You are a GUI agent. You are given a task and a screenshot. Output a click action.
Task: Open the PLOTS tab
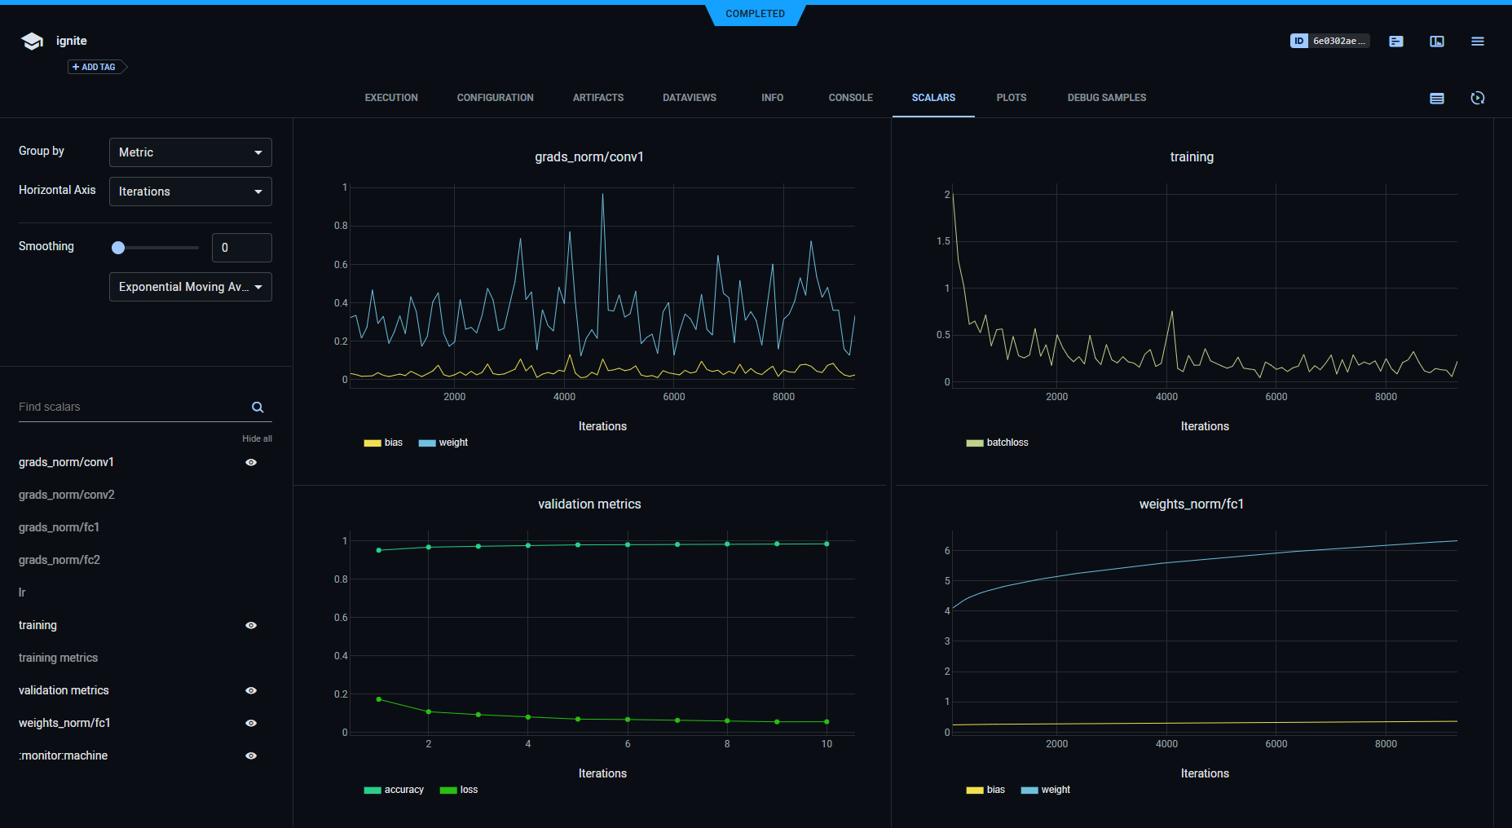pos(1011,98)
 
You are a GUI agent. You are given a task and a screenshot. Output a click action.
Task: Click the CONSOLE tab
pos(850,98)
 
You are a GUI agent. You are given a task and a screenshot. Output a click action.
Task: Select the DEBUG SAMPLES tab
pos(1106,98)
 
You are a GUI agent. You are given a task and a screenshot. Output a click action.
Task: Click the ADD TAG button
pos(95,67)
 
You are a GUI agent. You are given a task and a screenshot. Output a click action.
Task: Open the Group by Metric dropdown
pos(190,152)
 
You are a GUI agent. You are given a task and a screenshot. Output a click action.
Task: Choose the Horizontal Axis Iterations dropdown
pos(190,192)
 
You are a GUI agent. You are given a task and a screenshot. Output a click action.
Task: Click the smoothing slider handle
pos(118,248)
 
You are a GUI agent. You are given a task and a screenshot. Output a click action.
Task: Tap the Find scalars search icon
pos(258,407)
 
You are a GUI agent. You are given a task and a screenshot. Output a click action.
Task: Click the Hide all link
pos(257,438)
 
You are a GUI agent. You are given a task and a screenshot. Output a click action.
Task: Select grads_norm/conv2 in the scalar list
pos(67,495)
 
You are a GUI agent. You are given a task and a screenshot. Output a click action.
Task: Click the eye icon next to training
pos(251,625)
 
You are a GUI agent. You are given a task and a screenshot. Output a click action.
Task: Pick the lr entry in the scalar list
pos(22,592)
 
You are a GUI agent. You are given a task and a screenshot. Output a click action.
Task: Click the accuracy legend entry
pos(395,790)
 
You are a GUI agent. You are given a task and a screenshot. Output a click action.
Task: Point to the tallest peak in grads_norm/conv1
pos(603,195)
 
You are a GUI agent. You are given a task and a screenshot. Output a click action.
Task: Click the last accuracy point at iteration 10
pos(827,544)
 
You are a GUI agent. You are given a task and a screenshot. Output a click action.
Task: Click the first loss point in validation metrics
pos(379,699)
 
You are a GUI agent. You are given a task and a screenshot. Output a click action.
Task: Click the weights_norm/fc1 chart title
pos(1191,504)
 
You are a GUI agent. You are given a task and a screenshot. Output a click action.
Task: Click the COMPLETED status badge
pos(755,14)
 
